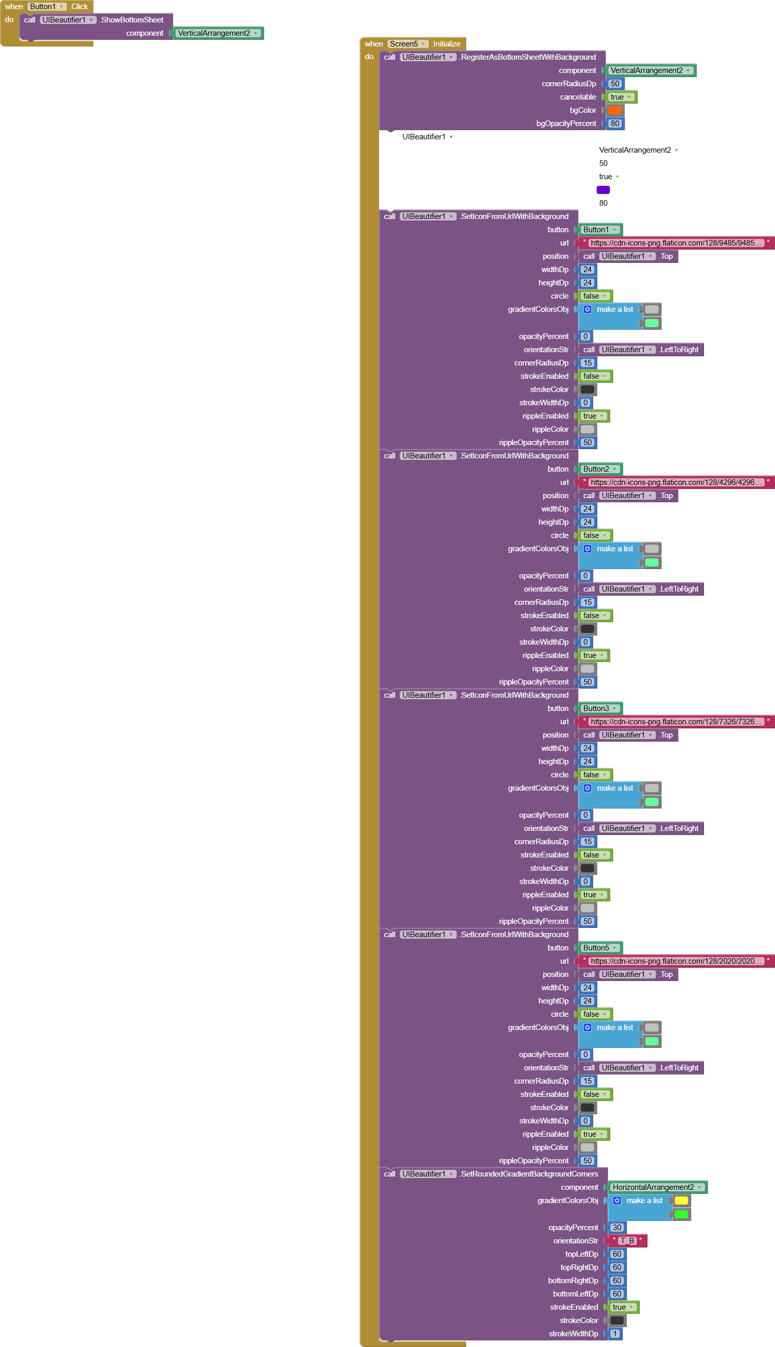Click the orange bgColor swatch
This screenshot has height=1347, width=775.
[615, 110]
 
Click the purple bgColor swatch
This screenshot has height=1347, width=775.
[602, 190]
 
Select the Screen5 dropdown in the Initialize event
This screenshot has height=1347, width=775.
[407, 43]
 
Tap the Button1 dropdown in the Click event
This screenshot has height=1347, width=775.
[47, 7]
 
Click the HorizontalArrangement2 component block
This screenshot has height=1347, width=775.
[657, 1187]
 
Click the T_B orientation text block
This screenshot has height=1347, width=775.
[627, 1240]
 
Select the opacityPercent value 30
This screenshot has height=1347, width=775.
[616, 1227]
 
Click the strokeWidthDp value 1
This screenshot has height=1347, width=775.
[615, 1333]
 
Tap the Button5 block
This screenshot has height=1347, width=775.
[599, 947]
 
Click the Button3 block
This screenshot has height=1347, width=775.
[599, 708]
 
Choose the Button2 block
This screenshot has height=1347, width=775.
[599, 469]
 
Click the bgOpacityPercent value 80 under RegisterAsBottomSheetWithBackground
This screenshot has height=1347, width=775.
[615, 124]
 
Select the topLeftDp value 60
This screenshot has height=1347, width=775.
[616, 1254]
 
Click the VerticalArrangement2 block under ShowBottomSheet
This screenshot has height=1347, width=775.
[217, 33]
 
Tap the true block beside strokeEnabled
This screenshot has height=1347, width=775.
[622, 1307]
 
